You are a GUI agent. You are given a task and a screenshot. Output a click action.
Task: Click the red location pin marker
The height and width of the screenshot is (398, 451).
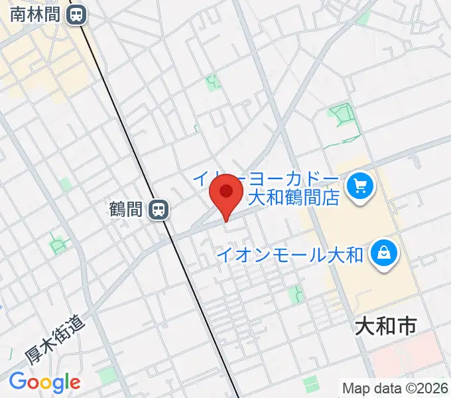pos(225,193)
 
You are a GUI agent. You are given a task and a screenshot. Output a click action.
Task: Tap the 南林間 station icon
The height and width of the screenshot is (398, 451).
pos(78,14)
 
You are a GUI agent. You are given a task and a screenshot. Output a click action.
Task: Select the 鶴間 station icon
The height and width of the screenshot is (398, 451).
pos(159,210)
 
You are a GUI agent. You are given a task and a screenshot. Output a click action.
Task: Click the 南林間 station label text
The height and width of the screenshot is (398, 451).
pos(34,14)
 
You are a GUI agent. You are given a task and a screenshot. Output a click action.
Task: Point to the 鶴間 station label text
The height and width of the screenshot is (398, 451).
pos(126,210)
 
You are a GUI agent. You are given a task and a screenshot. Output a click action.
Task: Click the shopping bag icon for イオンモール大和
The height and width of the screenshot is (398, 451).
pos(383,252)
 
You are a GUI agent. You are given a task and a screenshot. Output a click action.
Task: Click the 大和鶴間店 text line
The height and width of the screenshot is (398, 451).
pos(293,197)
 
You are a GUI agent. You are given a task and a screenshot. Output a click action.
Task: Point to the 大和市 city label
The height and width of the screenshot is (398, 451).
pos(386,326)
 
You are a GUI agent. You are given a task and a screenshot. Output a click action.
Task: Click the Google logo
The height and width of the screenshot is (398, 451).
pos(44,382)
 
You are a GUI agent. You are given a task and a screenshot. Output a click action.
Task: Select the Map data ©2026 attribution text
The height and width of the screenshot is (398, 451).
pos(395,387)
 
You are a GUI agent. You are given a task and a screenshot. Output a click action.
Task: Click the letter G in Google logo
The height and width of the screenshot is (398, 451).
pos(18,381)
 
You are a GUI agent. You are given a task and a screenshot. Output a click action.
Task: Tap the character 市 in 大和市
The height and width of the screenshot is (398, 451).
pos(406,326)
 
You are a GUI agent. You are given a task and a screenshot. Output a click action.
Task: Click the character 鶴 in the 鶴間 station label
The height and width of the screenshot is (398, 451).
pos(117,210)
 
